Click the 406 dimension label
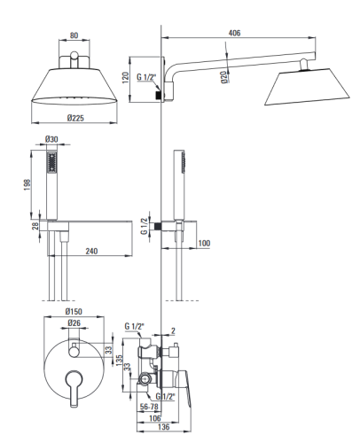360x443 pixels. (x=234, y=33)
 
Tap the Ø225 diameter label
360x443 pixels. (x=75, y=118)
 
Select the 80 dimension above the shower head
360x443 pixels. (x=74, y=35)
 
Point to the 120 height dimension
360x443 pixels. (x=126, y=78)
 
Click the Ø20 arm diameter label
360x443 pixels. (x=224, y=77)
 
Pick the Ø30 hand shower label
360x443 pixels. (x=51, y=139)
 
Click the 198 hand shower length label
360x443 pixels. (x=27, y=185)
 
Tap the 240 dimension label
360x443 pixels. (x=91, y=251)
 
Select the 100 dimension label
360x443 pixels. (x=204, y=243)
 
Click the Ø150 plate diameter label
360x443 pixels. (x=74, y=312)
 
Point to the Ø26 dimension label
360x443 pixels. (x=74, y=323)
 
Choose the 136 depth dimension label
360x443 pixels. (x=164, y=427)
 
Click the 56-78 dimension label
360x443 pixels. (x=149, y=407)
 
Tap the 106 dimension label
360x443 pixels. (x=155, y=418)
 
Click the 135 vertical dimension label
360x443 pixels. (x=119, y=361)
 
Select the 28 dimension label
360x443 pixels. (x=35, y=226)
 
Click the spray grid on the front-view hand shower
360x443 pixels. (x=52, y=162)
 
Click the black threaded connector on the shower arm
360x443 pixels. (x=159, y=95)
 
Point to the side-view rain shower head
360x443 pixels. (x=308, y=87)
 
